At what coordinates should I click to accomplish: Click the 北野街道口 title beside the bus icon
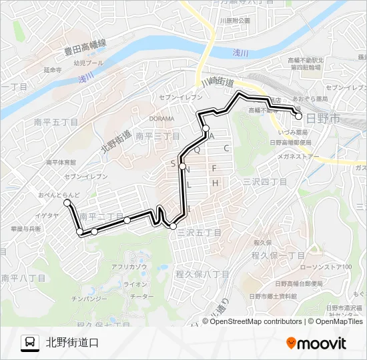(72, 343)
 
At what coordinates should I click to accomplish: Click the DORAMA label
(162, 119)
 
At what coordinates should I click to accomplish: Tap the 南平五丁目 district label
(56, 123)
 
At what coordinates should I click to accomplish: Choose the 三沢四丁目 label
(264, 181)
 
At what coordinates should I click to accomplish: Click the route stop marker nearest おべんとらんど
(67, 202)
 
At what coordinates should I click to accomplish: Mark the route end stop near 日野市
(298, 115)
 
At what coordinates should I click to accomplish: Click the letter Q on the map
(197, 150)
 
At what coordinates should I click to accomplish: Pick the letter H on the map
(215, 183)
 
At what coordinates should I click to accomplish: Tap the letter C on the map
(227, 148)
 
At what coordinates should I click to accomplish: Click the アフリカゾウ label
(129, 267)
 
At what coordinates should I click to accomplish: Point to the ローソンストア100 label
(324, 267)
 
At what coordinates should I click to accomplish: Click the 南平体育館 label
(61, 163)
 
